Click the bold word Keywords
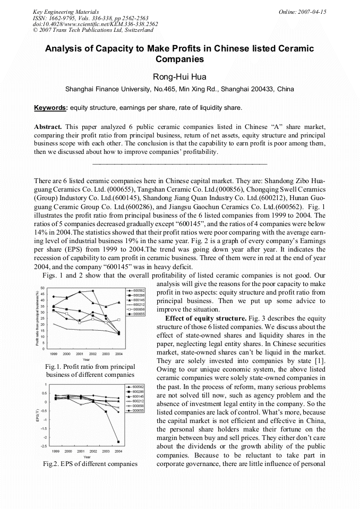50,108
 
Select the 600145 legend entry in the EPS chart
139,396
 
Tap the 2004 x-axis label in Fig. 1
119,353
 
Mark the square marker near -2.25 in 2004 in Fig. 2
118,442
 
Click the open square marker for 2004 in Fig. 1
119,320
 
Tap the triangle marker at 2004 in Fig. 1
119,303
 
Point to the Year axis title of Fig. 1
86,359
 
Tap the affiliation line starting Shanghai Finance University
179,89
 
